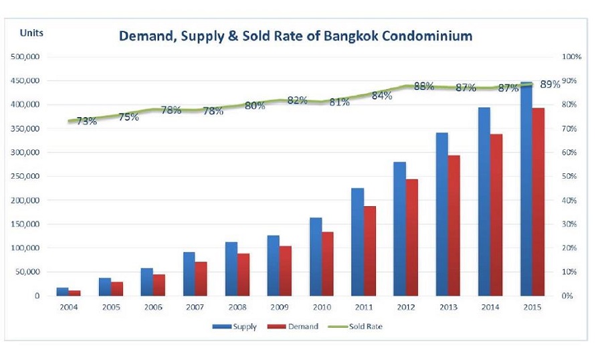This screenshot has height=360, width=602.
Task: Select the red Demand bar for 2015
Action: [x=538, y=201]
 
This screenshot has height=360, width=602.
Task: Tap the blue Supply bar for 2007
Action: [x=189, y=274]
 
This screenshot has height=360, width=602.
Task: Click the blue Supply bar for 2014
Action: [x=484, y=201]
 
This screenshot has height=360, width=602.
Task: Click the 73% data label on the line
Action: [x=86, y=121]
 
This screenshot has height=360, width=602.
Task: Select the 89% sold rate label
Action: [x=549, y=84]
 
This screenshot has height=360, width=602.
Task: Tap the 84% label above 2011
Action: [x=381, y=96]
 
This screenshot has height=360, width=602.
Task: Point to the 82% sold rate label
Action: [x=297, y=100]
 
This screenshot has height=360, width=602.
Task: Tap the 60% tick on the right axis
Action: [x=570, y=153]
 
